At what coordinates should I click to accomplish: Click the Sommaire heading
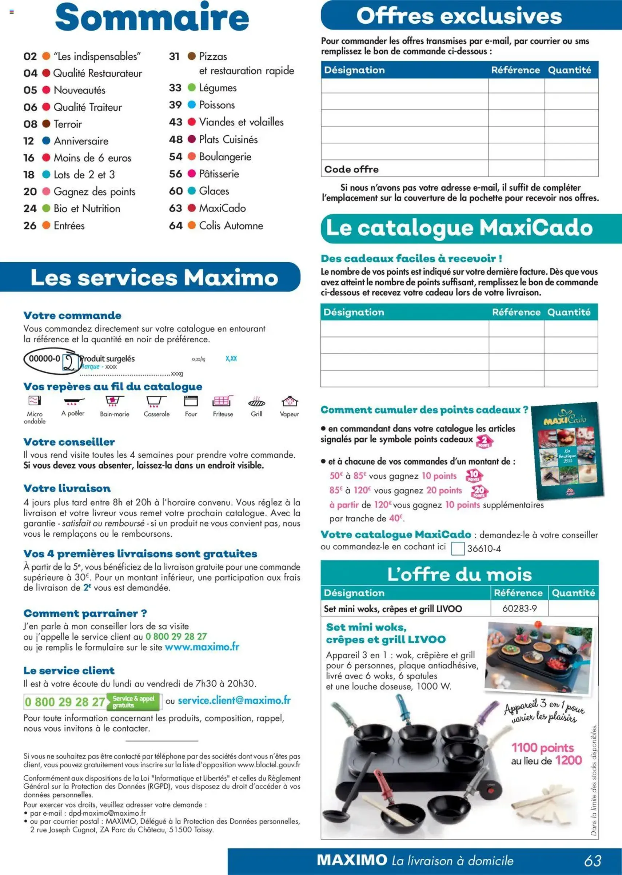coord(152,17)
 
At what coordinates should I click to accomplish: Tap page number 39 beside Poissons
coord(175,105)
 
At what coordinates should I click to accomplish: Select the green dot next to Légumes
coord(192,88)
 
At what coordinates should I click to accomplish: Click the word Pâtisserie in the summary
coord(219,174)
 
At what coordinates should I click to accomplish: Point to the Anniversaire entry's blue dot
coord(46,140)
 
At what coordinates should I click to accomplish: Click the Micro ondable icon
coord(35,401)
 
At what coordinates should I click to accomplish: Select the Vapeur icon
coord(290,401)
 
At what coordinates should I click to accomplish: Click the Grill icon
coord(256,402)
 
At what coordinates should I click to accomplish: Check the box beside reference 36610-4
coord(458,549)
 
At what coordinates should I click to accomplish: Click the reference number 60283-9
coord(519,608)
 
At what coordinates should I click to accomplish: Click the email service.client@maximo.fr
coord(234,701)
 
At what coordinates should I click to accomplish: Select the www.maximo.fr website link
coord(202,647)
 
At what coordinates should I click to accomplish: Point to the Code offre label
coord(351,169)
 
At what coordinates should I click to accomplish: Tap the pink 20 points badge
coord(479,491)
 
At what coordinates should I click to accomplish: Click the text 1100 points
coord(542,747)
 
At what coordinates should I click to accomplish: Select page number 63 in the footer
coord(593,860)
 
